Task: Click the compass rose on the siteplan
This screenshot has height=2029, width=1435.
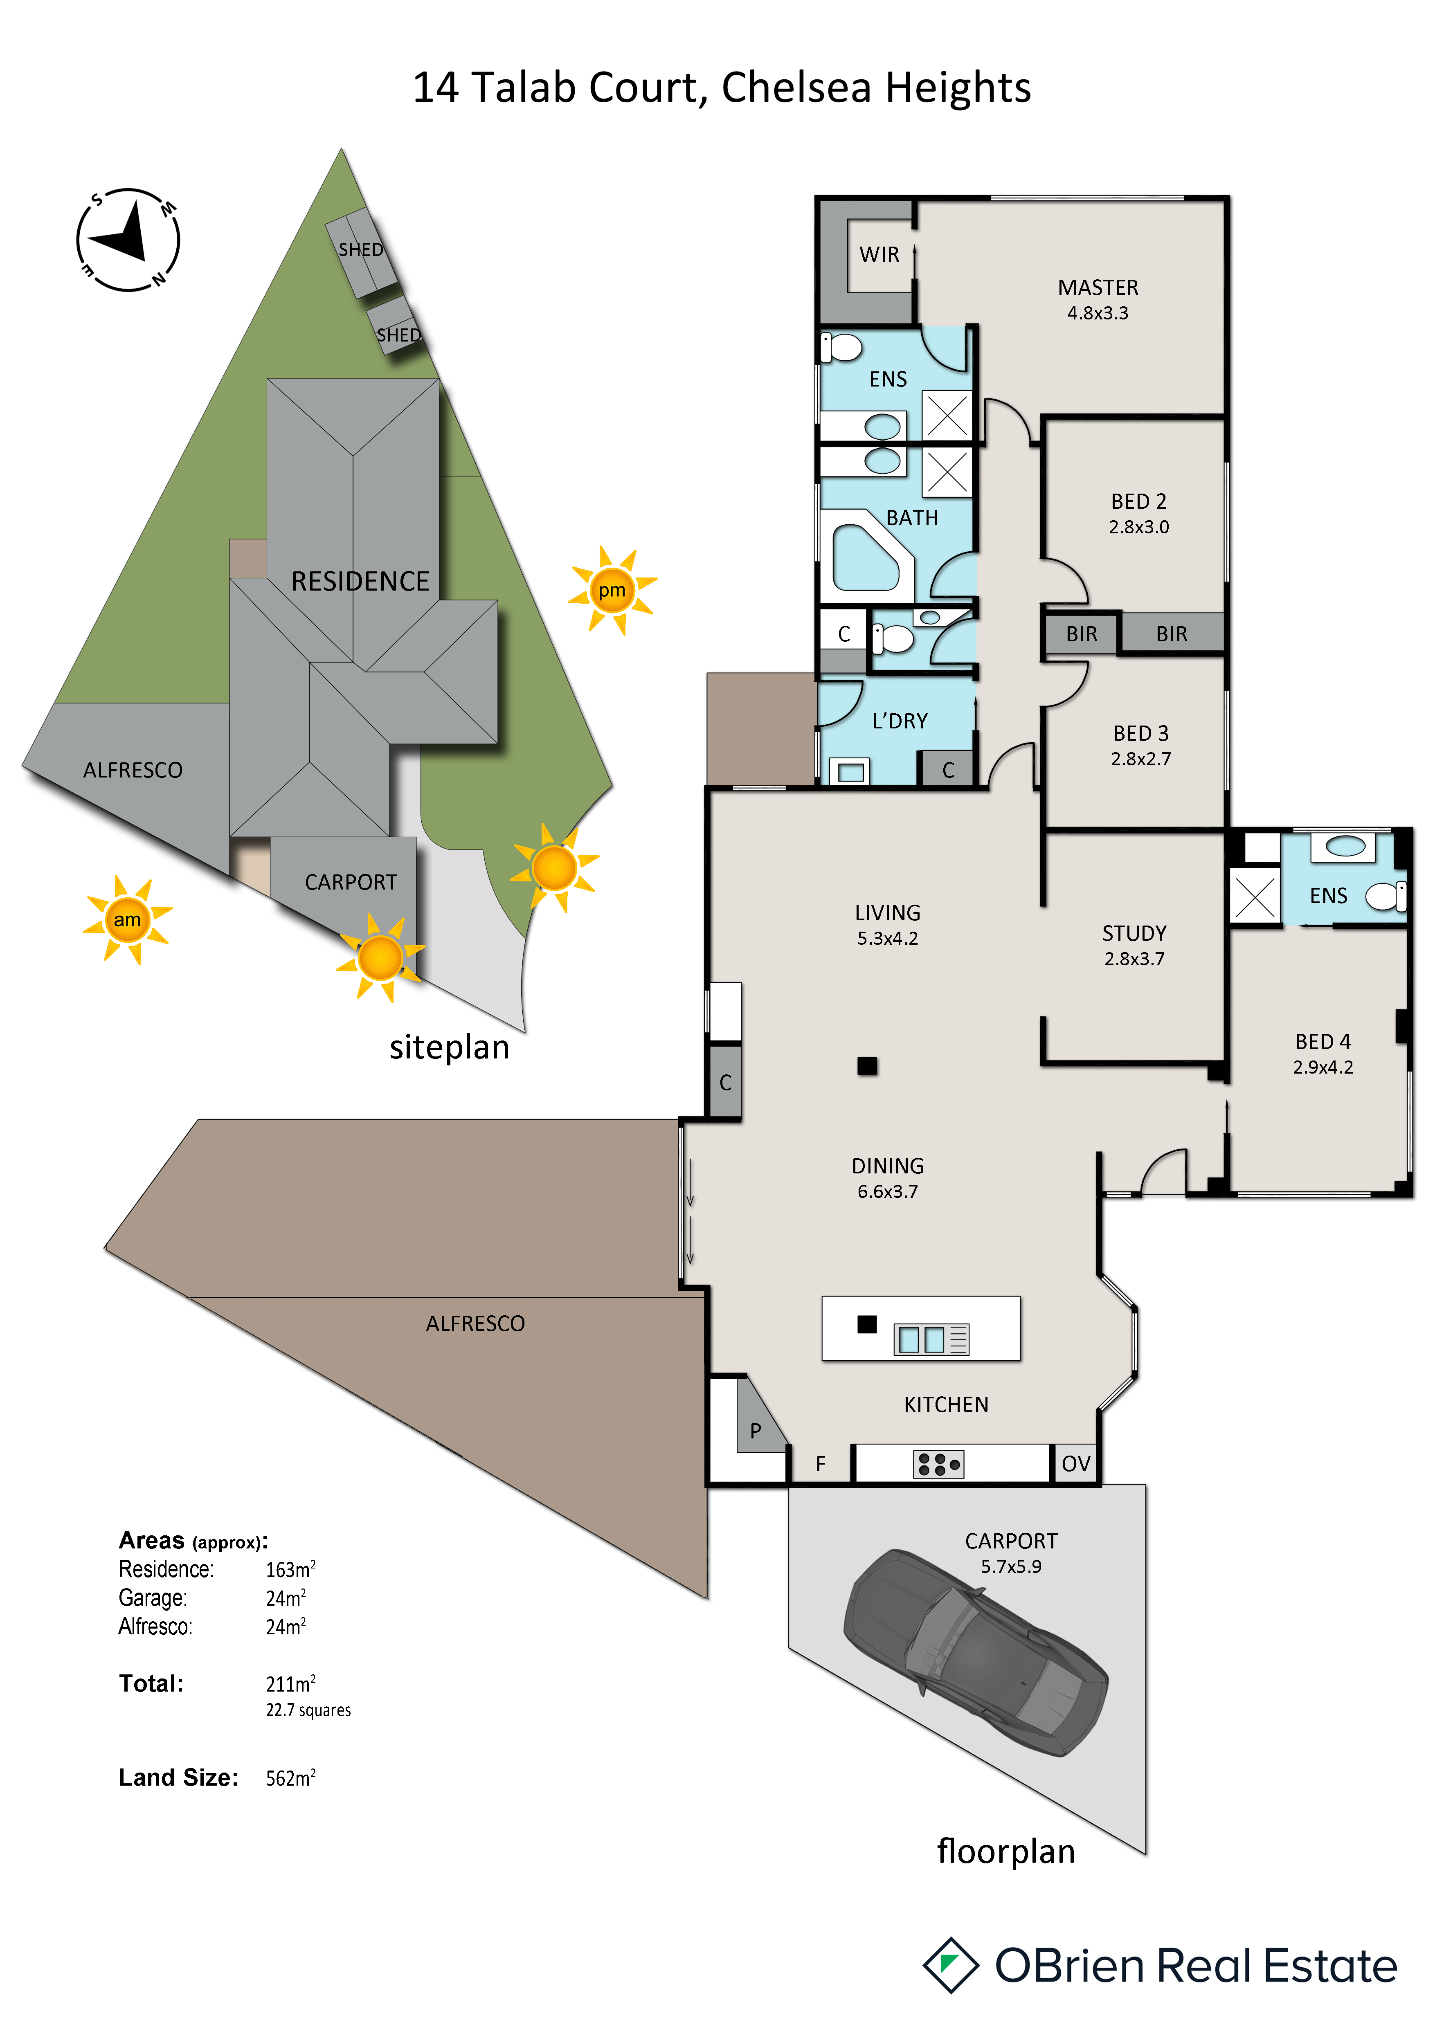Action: coord(128,240)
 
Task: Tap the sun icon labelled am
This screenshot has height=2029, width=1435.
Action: coord(127,920)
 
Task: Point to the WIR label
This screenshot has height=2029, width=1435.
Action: coord(879,254)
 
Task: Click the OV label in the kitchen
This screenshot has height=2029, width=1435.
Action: coord(1075,1463)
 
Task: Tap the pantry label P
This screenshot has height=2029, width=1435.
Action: coord(756,1431)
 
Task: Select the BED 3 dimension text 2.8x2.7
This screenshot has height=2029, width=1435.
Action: coord(1141,758)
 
